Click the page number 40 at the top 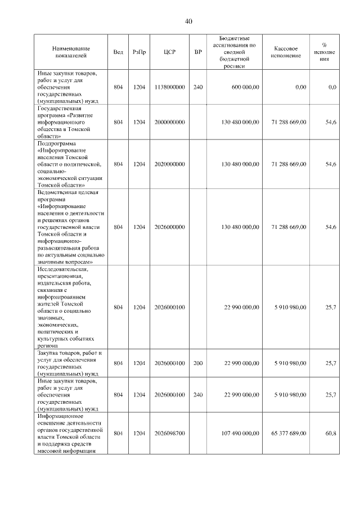(188, 21)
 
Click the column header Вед (118, 52)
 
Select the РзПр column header (139, 52)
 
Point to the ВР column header (197, 52)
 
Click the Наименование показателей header (71, 52)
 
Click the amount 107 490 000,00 (237, 433)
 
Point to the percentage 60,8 (331, 433)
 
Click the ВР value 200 (197, 363)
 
